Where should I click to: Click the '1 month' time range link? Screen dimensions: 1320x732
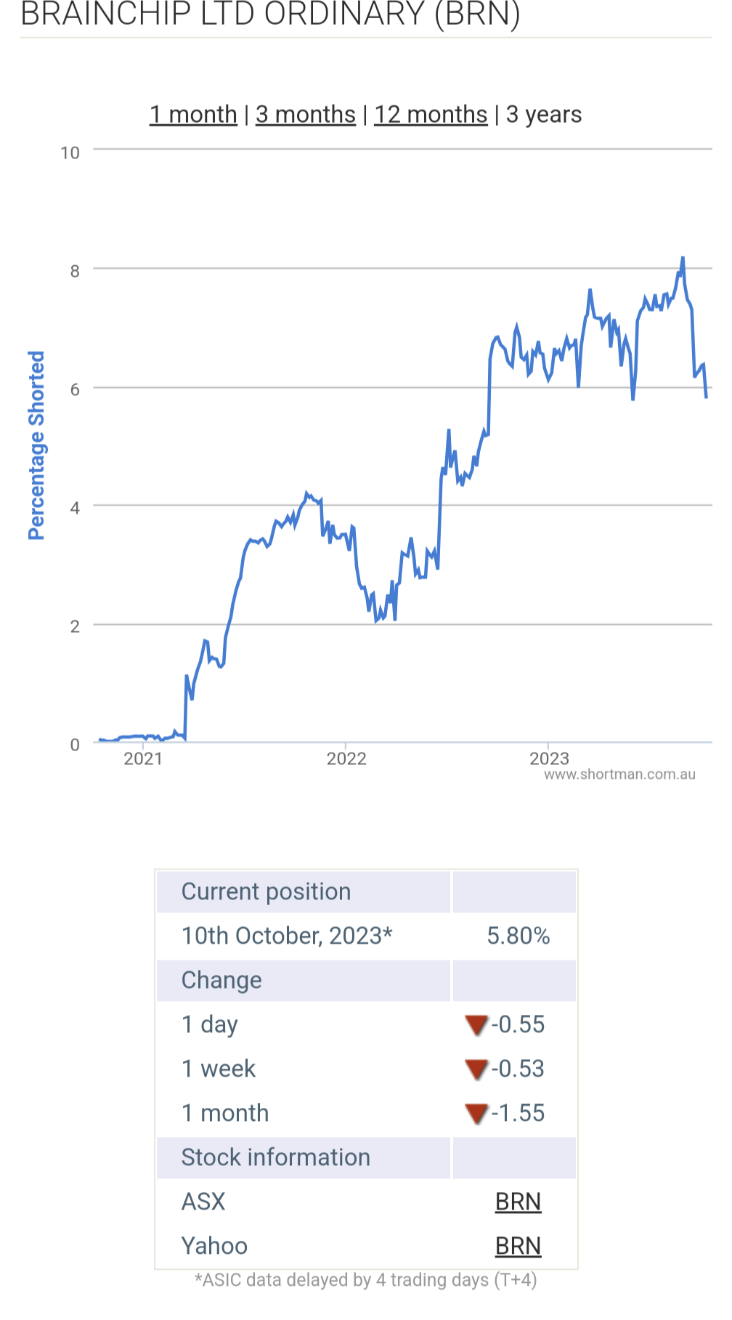(193, 115)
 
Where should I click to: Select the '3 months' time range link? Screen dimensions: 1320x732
(306, 115)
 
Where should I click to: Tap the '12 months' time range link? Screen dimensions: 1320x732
(431, 115)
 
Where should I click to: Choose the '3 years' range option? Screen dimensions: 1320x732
(544, 115)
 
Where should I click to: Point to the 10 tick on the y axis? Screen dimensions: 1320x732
(70, 153)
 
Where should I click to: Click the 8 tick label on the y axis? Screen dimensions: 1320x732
(75, 272)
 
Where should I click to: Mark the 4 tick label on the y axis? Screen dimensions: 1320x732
(75, 508)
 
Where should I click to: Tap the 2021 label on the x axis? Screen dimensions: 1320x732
(143, 759)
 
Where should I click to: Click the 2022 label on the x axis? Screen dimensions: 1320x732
(346, 759)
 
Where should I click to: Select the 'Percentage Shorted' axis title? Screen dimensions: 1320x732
(36, 445)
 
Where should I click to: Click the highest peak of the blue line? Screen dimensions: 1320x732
(683, 258)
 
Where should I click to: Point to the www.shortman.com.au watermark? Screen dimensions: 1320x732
(619, 774)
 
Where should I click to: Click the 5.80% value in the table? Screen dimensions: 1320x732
(518, 936)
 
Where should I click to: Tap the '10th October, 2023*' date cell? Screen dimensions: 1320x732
(287, 936)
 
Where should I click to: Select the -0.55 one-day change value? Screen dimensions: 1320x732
(518, 1024)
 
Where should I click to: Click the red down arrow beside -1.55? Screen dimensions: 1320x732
(476, 1113)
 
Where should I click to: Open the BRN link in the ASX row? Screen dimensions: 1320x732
(518, 1202)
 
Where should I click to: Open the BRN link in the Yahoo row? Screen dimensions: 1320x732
(518, 1246)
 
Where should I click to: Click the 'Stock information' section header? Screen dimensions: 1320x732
(276, 1157)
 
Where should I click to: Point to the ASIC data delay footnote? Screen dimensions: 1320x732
(366, 1280)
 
